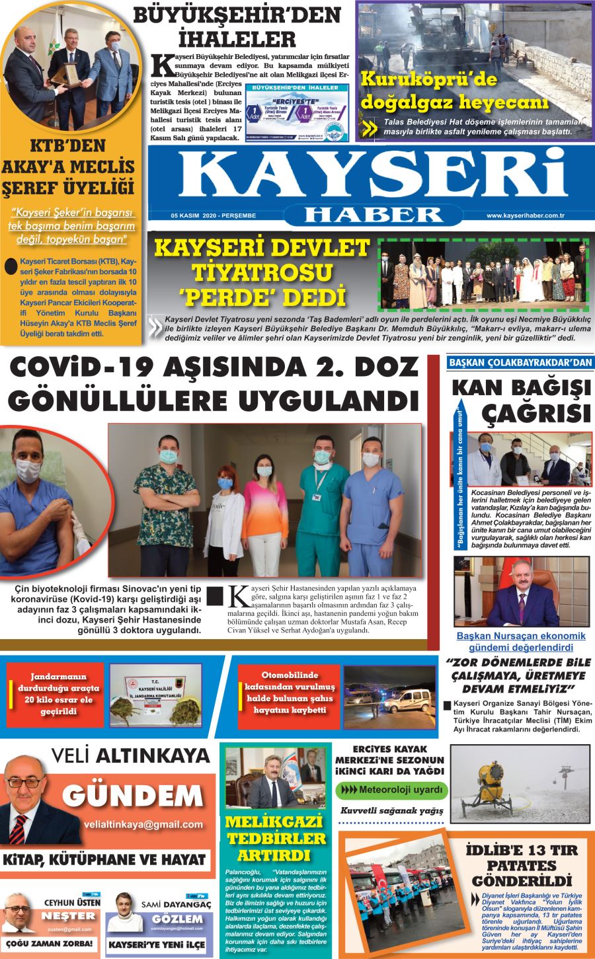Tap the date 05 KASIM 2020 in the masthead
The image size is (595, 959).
coord(213,215)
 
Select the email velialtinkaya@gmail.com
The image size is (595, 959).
coord(143,824)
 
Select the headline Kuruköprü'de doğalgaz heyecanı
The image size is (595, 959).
coord(455,91)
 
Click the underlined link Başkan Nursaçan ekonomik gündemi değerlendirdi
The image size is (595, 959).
coord(521,641)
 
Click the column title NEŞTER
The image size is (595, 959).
coord(68,916)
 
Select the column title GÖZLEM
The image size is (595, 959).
coord(178,919)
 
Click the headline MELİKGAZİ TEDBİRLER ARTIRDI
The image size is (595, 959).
coord(276,839)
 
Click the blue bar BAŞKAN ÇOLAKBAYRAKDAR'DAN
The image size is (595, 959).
coord(520,362)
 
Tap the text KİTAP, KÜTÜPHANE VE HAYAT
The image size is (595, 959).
coord(104,860)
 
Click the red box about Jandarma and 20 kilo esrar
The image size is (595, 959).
coord(56,695)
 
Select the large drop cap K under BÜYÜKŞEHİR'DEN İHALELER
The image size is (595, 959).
coord(161,66)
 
